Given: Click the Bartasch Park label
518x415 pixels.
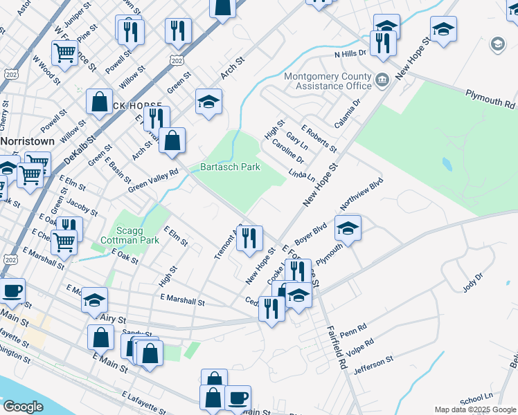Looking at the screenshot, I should pos(229,167).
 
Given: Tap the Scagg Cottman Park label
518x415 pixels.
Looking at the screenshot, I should pos(136,235).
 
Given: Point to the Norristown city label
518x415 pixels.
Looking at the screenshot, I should pos(26,140).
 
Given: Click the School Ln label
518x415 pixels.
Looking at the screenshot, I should pos(476,398).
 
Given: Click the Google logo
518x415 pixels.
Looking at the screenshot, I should pos(23,407).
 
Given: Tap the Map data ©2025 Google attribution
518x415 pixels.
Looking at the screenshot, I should pos(474,409).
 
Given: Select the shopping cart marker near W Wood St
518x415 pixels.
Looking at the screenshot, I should pos(64,52).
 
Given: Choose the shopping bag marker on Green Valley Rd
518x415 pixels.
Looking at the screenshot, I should pos(172,140).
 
